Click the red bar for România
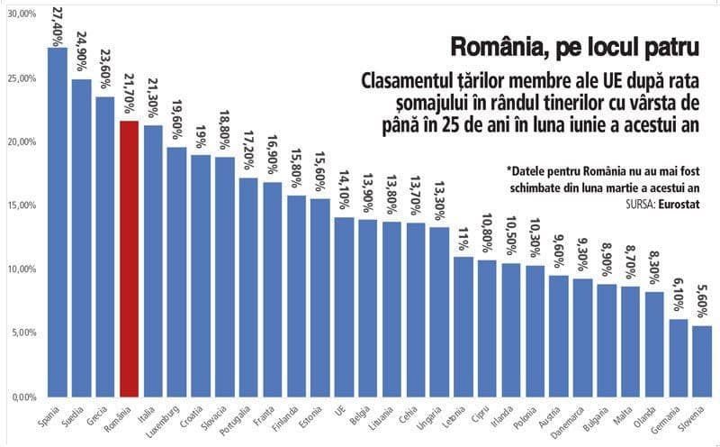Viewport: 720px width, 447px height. [x=129, y=259]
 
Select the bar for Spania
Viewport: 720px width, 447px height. [x=58, y=222]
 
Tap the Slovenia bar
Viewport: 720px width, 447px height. [x=702, y=361]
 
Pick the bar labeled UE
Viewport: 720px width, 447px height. [x=344, y=307]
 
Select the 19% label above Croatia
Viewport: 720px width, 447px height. [x=201, y=137]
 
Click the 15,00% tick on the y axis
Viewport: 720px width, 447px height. [x=22, y=205]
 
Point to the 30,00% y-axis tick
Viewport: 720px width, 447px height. [x=22, y=14]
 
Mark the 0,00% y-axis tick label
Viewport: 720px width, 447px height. [x=24, y=397]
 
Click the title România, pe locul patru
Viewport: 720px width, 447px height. [x=575, y=48]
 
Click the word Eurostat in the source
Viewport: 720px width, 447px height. [x=679, y=205]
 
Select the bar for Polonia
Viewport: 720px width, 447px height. [x=535, y=331]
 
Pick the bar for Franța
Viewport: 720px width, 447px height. [x=273, y=289]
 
